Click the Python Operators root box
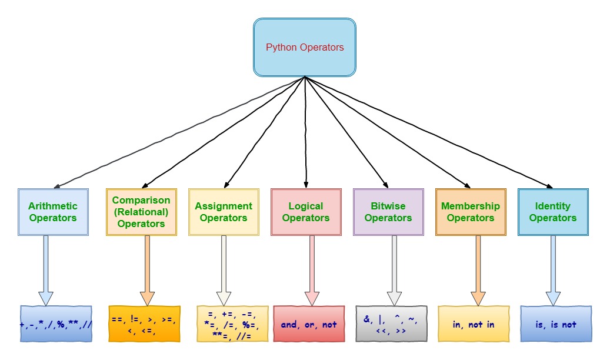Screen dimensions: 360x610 [305, 47]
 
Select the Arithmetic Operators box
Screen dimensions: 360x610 [53, 212]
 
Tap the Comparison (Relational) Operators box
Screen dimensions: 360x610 [141, 212]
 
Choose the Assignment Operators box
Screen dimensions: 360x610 [224, 212]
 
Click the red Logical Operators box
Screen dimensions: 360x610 [306, 212]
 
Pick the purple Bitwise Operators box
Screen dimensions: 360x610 [388, 212]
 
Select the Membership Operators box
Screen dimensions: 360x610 [471, 212]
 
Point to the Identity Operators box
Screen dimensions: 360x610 [553, 212]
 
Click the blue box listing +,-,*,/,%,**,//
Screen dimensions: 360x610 [56, 324]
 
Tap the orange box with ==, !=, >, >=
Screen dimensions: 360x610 [144, 324]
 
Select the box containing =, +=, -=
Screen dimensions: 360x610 [232, 324]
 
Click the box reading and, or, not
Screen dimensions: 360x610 [309, 324]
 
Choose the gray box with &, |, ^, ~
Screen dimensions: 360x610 [391, 324]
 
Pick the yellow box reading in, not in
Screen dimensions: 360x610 [474, 324]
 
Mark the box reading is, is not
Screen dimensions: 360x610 [556, 324]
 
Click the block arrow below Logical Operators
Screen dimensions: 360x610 [312, 271]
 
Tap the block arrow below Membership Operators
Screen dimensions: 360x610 [478, 271]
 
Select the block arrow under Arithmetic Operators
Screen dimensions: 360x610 [46, 271]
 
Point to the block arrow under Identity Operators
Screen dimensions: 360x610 [553, 271]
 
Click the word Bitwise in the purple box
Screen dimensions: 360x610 [388, 206]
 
